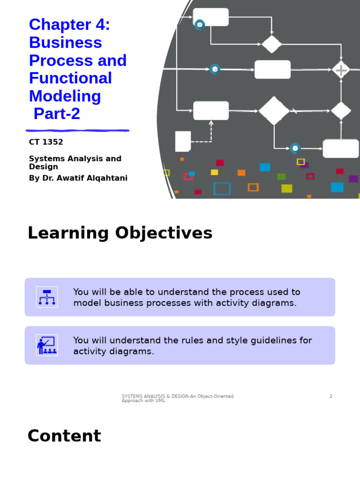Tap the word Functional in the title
tap(70, 78)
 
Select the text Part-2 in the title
tap(57, 114)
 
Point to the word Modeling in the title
tap(65, 96)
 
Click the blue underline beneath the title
tap(77, 130)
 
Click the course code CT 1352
tap(46, 142)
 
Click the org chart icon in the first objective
tap(47, 297)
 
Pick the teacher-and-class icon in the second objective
tap(47, 345)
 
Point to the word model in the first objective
tap(87, 303)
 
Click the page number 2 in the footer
tap(330, 397)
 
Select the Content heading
tap(64, 436)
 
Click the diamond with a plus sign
tap(341, 70)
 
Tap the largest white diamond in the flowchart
tap(274, 111)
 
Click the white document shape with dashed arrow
tap(183, 141)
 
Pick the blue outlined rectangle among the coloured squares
tap(222, 188)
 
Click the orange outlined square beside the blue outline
tap(253, 187)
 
